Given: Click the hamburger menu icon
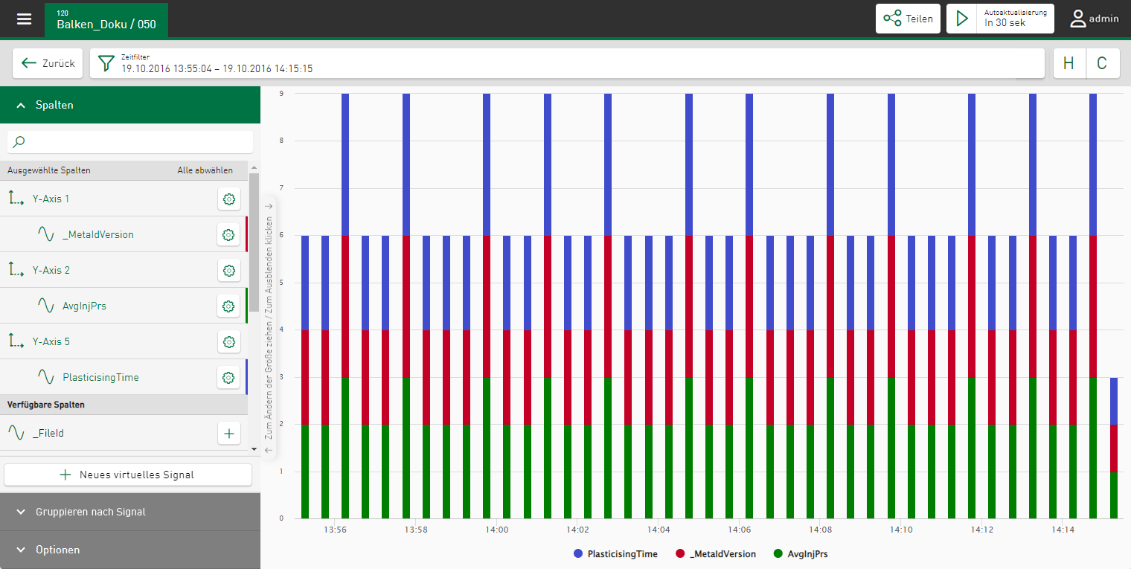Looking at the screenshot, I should pyautogui.click(x=25, y=19).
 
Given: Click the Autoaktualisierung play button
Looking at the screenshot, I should pyautogui.click(x=963, y=19).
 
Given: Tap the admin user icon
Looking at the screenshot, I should pyautogui.click(x=1078, y=19).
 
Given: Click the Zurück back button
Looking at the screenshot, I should pyautogui.click(x=48, y=63).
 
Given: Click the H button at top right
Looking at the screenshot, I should pyautogui.click(x=1069, y=63).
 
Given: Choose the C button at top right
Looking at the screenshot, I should pyautogui.click(x=1103, y=63).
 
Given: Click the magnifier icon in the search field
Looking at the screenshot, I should pyautogui.click(x=19, y=141).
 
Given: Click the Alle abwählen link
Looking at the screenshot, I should pyautogui.click(x=205, y=170).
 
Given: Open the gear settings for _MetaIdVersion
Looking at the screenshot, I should pyautogui.click(x=229, y=234).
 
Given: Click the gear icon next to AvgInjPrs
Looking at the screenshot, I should pyautogui.click(x=229, y=306).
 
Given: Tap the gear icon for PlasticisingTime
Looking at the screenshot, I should pyautogui.click(x=229, y=377).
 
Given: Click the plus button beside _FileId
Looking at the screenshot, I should pyautogui.click(x=229, y=433).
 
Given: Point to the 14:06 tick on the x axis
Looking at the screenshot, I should pyautogui.click(x=740, y=530).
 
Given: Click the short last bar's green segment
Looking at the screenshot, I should pyautogui.click(x=1114, y=495).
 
